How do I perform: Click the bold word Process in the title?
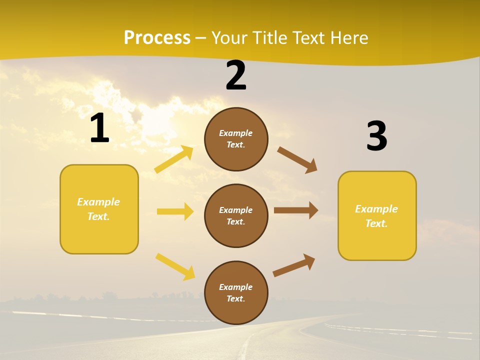point(157,38)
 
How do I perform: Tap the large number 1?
point(99,128)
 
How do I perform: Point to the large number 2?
point(236,76)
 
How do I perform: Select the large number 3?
point(376,136)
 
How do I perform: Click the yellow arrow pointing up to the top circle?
point(174,159)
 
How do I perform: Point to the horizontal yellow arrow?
point(175,211)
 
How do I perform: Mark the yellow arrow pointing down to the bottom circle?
point(175,266)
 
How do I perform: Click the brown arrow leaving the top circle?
point(297,160)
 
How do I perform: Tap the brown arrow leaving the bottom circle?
point(294,265)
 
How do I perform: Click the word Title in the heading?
point(269,38)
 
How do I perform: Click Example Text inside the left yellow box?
point(98,209)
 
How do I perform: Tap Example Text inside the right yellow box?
point(376,216)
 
